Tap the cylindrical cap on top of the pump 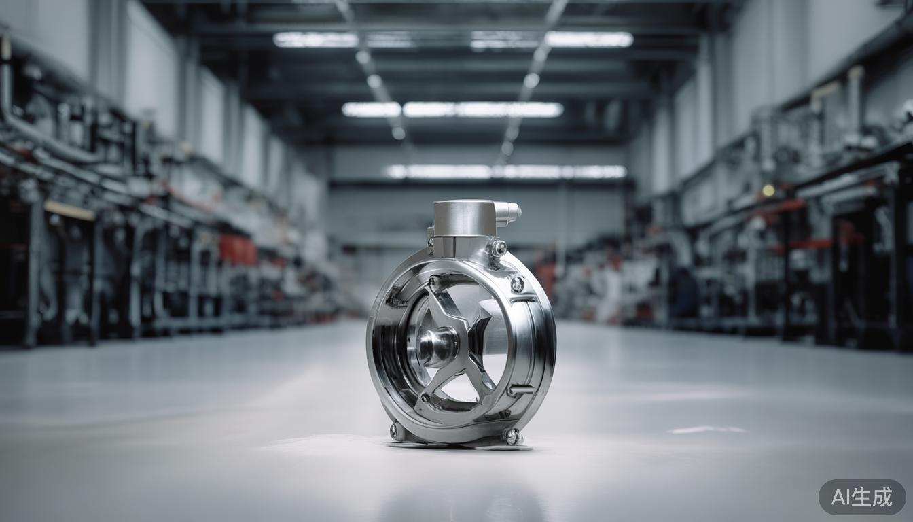click(463, 217)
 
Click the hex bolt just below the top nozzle click(499, 247)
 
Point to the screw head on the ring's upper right click(517, 284)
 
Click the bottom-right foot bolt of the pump click(512, 436)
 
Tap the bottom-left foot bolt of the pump click(395, 430)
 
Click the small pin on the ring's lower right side click(520, 389)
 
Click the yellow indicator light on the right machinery click(768, 190)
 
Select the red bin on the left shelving click(238, 250)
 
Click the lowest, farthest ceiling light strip click(506, 171)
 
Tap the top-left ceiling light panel click(316, 39)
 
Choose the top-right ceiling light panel click(588, 39)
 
